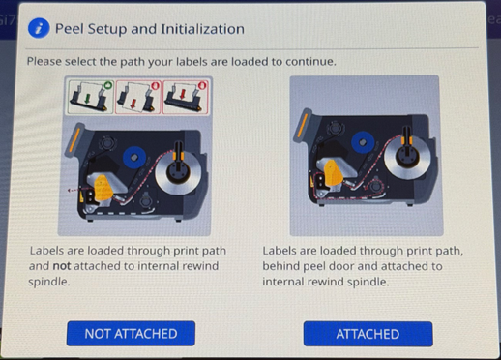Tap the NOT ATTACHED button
[131, 333]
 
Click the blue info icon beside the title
[39, 28]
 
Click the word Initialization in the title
[202, 29]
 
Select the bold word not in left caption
[62, 266]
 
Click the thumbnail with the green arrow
[91, 97]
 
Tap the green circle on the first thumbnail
[108, 85]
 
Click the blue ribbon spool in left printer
[134, 158]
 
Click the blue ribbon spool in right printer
[363, 142]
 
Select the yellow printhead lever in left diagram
[103, 188]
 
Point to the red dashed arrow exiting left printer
[74, 190]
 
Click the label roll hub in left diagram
[178, 173]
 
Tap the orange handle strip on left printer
[74, 140]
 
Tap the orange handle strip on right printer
[302, 124]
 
